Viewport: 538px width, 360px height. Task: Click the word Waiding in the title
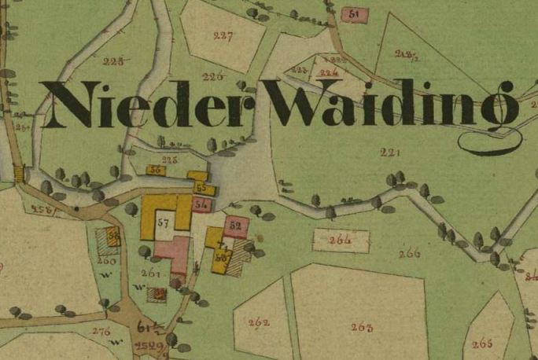tap(389, 105)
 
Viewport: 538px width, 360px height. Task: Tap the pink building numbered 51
tap(353, 15)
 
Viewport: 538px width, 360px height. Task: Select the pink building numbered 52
tap(235, 225)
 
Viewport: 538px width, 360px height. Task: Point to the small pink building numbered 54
tap(202, 204)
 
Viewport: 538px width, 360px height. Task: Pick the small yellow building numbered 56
tap(155, 170)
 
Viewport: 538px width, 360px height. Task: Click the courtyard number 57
tap(163, 222)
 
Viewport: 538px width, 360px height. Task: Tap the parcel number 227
tap(223, 35)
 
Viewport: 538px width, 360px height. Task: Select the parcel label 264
tap(340, 239)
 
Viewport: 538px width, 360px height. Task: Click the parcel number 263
tap(362, 327)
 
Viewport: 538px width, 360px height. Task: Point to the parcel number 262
tap(258, 323)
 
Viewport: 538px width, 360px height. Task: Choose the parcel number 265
tap(482, 343)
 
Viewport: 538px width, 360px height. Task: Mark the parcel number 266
tap(409, 253)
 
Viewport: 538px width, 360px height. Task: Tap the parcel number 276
tap(101, 331)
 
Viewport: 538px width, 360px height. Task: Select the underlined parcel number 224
tap(329, 72)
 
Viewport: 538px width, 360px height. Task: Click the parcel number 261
tap(152, 274)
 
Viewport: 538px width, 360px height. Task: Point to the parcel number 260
tap(107, 260)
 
